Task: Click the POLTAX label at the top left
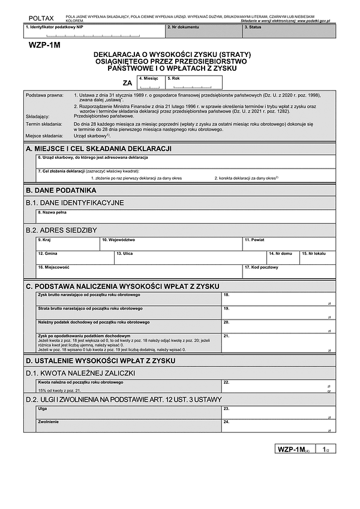pos(40,19)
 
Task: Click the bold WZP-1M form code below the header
pos(44,46)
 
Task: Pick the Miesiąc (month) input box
pos(150,82)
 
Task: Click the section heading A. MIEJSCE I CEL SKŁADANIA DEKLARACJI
pos(99,147)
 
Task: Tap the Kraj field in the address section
pos(67,243)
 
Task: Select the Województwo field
pos(170,243)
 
